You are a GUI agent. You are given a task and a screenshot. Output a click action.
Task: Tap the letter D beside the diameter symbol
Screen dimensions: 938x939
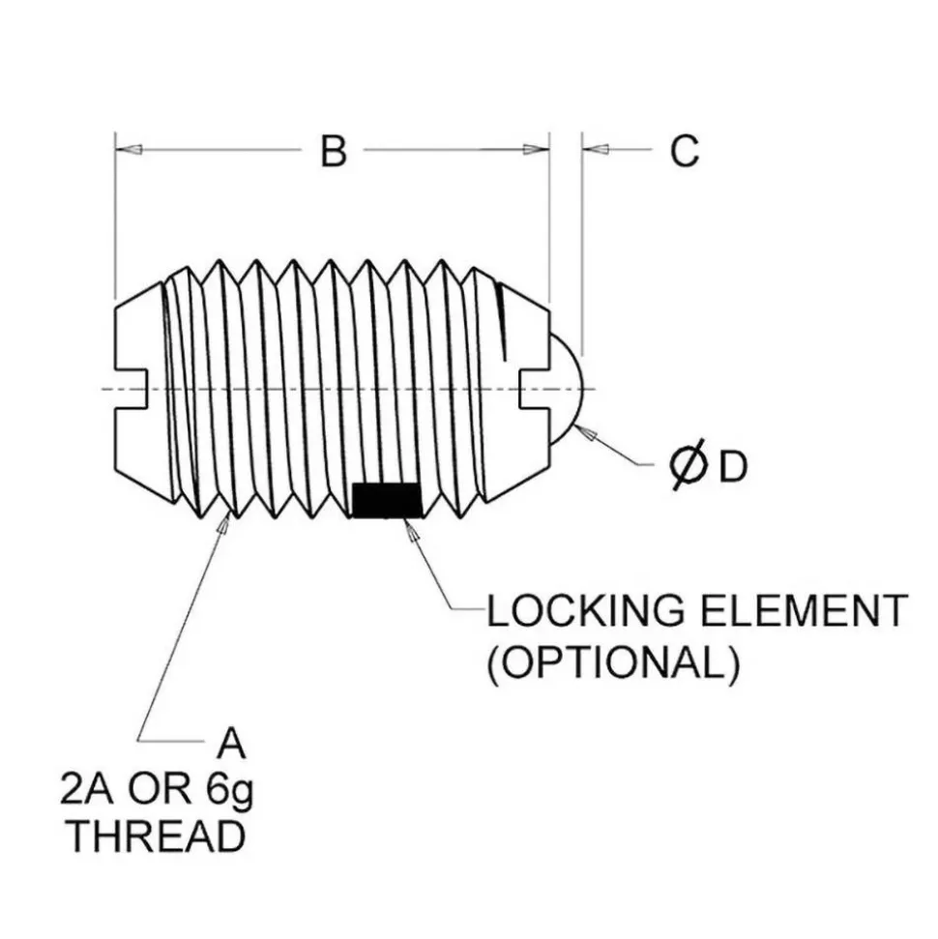point(733,466)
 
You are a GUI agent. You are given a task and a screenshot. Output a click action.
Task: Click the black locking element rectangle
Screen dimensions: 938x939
point(387,501)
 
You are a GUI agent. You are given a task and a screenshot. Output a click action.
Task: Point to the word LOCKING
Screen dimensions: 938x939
point(585,611)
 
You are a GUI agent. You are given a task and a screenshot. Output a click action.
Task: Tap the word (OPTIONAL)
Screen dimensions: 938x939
point(613,663)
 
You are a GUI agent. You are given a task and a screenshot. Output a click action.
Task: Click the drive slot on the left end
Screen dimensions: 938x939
point(132,390)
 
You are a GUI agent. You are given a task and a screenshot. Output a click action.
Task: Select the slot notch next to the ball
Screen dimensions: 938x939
point(534,390)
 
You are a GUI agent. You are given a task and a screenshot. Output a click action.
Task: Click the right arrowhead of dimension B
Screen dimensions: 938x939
point(536,149)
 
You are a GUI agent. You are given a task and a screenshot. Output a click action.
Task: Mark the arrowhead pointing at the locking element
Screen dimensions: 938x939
point(412,530)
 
